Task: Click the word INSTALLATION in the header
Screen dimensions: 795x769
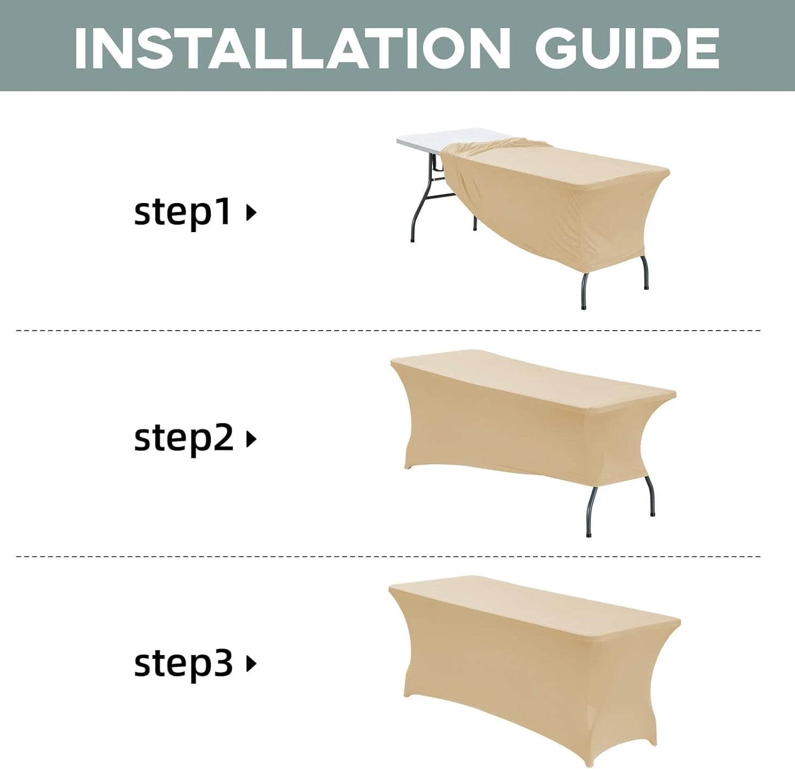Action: [292, 48]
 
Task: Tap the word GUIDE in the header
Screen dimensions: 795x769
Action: [627, 48]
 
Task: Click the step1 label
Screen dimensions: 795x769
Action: [183, 212]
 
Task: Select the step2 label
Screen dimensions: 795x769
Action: [183, 439]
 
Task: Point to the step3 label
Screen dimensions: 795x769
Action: [183, 664]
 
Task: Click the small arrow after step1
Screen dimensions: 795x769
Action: [251, 213]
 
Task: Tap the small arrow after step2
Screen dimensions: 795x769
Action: [251, 440]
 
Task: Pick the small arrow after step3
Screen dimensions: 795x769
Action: [251, 664]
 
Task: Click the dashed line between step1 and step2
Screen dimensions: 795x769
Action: [388, 330]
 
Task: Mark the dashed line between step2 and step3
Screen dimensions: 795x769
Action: [388, 556]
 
